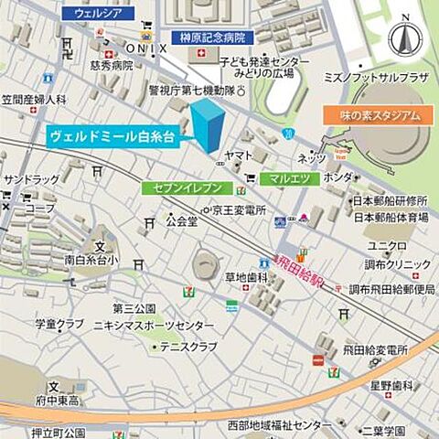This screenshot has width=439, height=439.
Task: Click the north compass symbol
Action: [404, 38]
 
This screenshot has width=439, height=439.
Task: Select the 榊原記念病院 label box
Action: [212, 37]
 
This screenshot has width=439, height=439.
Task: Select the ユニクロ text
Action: [387, 246]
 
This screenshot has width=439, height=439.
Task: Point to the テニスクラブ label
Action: [188, 347]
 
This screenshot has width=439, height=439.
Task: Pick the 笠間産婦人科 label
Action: [34, 99]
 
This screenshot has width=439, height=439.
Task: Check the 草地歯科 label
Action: [245, 277]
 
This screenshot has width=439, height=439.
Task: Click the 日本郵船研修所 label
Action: [391, 200]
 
